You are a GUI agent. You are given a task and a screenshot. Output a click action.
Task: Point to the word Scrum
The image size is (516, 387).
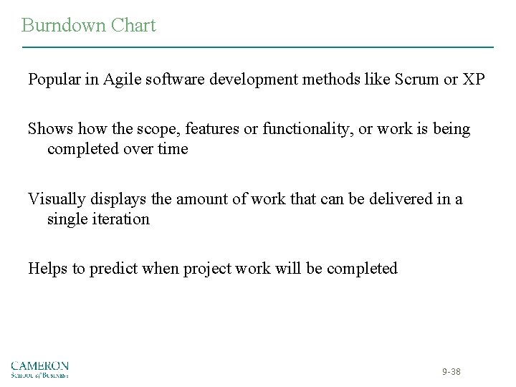click(x=417, y=78)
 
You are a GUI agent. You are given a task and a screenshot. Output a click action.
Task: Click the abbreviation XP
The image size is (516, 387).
click(x=473, y=78)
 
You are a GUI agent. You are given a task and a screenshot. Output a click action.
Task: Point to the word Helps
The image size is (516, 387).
click(x=47, y=269)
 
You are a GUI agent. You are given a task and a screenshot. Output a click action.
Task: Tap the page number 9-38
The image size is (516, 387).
click(x=452, y=371)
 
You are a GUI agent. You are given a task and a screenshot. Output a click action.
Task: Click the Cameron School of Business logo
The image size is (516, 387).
click(x=39, y=368)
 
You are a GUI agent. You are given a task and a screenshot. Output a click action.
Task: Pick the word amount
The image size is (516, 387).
click(x=184, y=199)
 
